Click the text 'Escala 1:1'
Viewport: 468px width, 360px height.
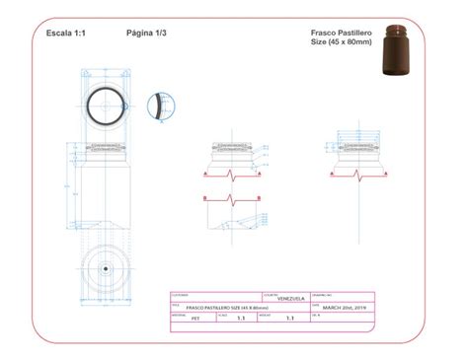click(x=66, y=33)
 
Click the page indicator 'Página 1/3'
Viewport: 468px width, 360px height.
click(x=146, y=33)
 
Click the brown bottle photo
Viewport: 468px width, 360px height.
click(x=400, y=51)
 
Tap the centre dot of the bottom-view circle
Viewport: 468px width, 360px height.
click(x=104, y=268)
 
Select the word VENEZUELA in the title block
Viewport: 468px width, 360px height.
click(x=290, y=299)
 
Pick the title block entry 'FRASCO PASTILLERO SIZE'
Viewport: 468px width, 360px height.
click(x=206, y=308)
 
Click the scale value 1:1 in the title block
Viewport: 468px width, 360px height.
click(x=241, y=319)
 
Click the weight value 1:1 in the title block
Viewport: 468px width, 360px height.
click(x=289, y=319)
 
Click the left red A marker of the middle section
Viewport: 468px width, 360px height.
click(x=204, y=174)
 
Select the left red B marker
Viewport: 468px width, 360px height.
click(x=204, y=200)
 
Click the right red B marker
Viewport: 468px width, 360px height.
click(x=265, y=200)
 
